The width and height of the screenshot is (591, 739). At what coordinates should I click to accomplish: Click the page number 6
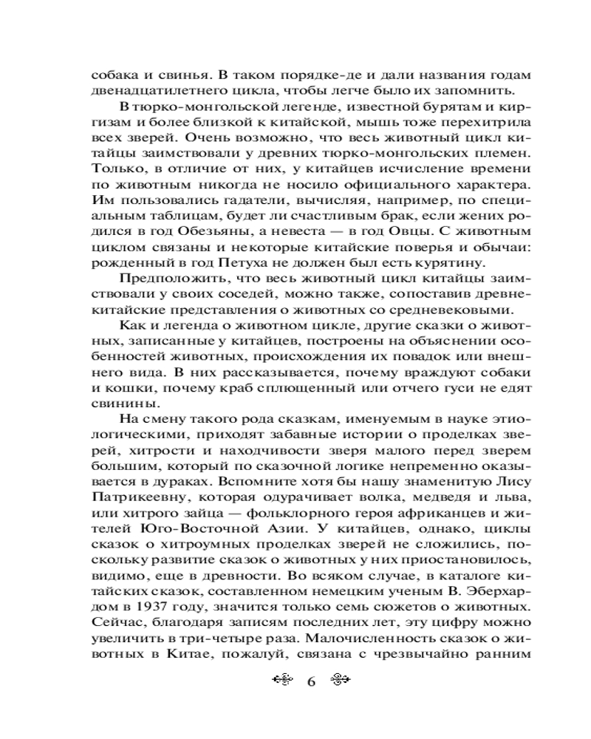(x=310, y=681)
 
